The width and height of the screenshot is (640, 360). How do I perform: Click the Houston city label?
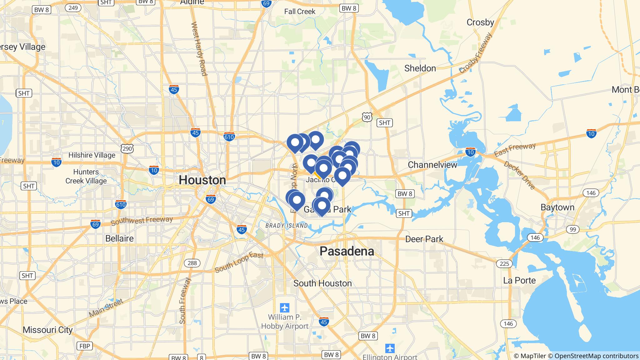(x=202, y=180)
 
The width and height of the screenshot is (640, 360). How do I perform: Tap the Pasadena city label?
(x=347, y=251)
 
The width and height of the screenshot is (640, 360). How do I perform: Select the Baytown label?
(x=557, y=207)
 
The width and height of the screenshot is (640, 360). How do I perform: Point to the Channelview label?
(x=432, y=165)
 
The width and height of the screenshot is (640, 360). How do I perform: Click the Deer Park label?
(x=424, y=239)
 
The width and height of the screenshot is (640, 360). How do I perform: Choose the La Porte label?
(x=519, y=280)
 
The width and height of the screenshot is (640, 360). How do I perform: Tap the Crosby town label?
(x=480, y=22)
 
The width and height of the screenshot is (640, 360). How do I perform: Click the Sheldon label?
(x=420, y=68)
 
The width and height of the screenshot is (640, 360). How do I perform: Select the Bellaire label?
(x=119, y=238)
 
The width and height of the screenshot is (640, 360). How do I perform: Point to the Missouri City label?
(x=47, y=330)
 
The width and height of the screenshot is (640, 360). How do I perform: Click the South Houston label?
(x=322, y=283)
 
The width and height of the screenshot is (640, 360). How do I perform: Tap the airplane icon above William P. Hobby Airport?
(x=285, y=307)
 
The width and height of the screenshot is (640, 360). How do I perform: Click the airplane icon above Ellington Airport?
(x=390, y=348)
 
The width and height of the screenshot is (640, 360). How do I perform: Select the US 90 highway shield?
(x=367, y=117)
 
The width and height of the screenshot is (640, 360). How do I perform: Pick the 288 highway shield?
(x=192, y=263)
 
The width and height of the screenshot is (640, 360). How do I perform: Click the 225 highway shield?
(x=504, y=264)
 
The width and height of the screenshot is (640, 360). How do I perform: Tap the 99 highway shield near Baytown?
(x=572, y=229)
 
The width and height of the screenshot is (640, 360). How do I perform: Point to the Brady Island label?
(x=286, y=226)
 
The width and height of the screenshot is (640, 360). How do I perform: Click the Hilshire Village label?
(x=92, y=155)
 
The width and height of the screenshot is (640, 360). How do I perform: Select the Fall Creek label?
(x=300, y=12)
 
